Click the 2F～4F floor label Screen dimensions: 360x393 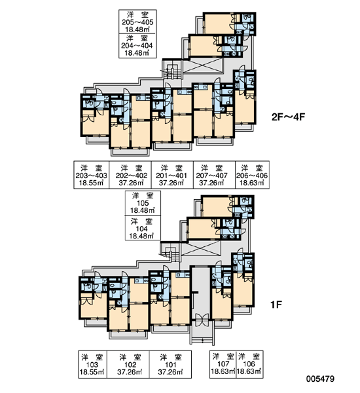click(288, 117)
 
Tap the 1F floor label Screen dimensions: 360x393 click(276, 305)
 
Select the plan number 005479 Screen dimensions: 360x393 click(320, 379)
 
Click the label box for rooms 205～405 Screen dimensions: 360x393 click(137, 22)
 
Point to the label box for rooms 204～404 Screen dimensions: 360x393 click(137, 46)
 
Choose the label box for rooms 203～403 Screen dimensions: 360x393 click(92, 175)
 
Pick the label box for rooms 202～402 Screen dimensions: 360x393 click(130, 175)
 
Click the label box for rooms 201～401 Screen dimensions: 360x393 click(172, 175)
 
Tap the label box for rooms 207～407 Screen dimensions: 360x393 click(214, 175)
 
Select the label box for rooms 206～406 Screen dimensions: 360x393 click(252, 175)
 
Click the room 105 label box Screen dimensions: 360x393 click(143, 203)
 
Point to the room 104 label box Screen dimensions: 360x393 click(143, 228)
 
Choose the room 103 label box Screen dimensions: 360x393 click(92, 364)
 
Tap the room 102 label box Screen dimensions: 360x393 click(128, 364)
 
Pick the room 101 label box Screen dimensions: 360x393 click(171, 364)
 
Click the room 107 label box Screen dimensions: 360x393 click(223, 364)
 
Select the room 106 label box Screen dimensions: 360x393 click(250, 364)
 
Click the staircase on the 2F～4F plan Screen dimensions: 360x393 click(171, 71)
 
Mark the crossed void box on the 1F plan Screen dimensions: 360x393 click(201, 249)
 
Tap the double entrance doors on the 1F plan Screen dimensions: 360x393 click(202, 320)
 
